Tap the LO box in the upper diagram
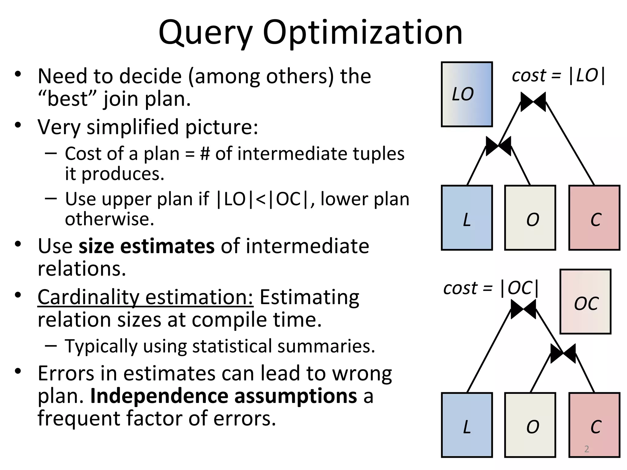[467, 94]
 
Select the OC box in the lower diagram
[585, 302]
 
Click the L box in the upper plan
[467, 218]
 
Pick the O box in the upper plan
[530, 218]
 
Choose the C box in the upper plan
[594, 218]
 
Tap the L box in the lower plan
[467, 425]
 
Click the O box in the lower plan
[530, 425]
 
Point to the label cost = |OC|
[491, 288]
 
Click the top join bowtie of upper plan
[533, 102]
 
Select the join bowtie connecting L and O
[498, 146]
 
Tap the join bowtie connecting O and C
[563, 353]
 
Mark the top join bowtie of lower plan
[523, 309]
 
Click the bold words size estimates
[147, 246]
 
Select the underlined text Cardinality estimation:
[145, 297]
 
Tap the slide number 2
[587, 449]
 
